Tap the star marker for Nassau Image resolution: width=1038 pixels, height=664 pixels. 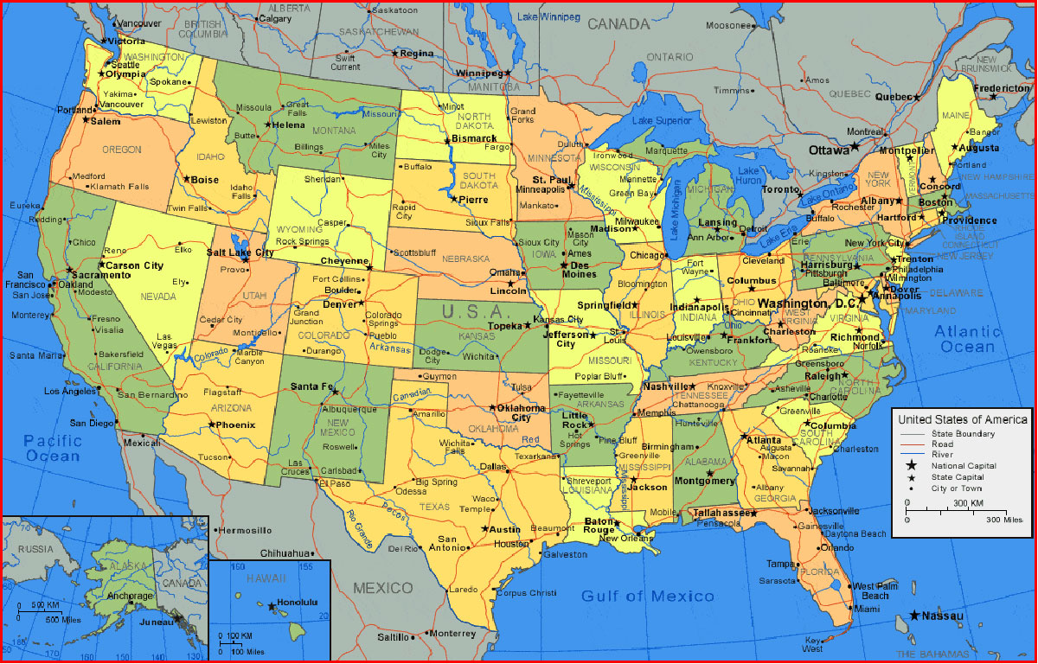coord(914,616)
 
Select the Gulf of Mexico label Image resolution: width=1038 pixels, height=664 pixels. coord(648,596)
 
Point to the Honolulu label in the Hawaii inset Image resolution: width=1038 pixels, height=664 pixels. coord(298,602)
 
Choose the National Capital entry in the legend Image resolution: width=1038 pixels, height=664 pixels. coord(963,466)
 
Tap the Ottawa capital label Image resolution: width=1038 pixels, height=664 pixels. coord(829,150)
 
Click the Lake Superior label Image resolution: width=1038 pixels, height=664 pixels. coord(662,121)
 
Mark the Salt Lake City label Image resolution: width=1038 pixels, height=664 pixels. coord(240,252)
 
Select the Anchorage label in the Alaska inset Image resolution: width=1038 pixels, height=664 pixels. coord(130,597)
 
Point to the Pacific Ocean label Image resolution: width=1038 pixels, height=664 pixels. coord(53,447)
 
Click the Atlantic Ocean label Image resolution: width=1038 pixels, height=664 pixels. coord(967,339)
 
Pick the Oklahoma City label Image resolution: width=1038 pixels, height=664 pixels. coord(522,412)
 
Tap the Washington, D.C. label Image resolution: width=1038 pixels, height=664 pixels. coord(806,304)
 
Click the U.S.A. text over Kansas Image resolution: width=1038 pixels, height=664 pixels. coord(471,311)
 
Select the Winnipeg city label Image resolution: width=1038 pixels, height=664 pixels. coord(478,73)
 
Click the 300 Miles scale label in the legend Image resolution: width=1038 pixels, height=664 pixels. coord(1003,520)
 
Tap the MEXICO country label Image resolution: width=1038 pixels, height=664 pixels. coord(383,588)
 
